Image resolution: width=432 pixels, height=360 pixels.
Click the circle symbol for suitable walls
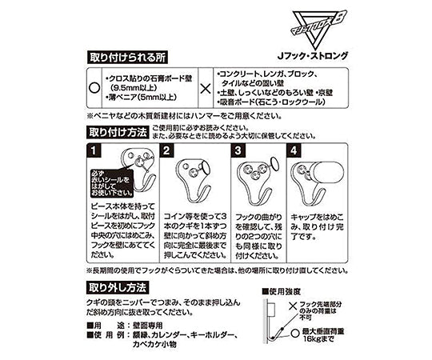pos(94,90)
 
